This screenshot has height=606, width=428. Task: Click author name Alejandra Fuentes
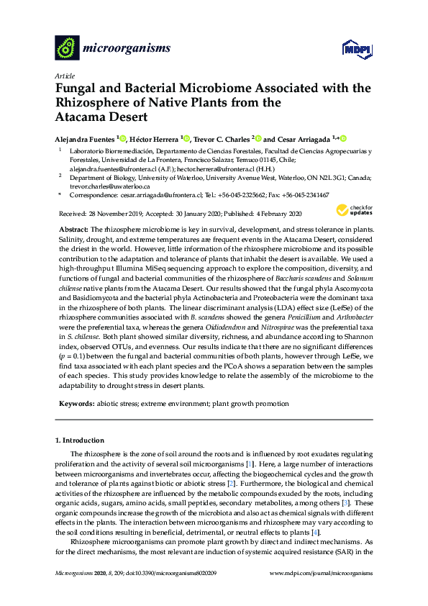pos(85,139)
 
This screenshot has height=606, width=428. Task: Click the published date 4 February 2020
pos(272,214)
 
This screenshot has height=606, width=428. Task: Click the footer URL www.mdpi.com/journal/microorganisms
pos(321,573)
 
